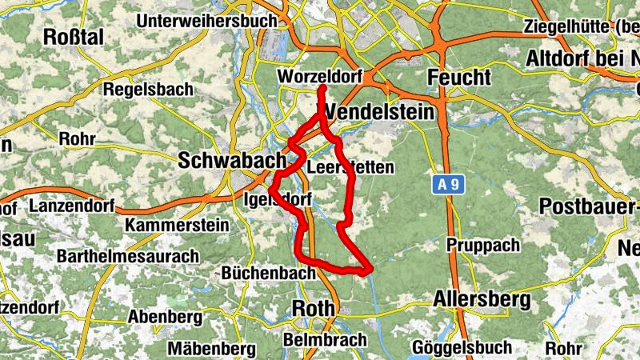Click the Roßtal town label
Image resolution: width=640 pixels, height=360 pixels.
pyautogui.click(x=73, y=37)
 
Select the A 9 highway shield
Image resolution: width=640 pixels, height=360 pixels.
pyautogui.click(x=449, y=185)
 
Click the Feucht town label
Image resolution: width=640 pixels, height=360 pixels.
pyautogui.click(x=459, y=78)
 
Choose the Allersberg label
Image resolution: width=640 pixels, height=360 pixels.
pyautogui.click(x=482, y=300)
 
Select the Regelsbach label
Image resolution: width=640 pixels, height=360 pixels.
pyautogui.click(x=148, y=90)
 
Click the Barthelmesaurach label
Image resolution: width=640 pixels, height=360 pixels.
pyautogui.click(x=128, y=257)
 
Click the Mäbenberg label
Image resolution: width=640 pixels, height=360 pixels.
pyautogui.click(x=212, y=349)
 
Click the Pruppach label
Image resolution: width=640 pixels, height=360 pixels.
pyautogui.click(x=483, y=245)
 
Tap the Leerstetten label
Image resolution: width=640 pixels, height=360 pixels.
pyautogui.click(x=350, y=168)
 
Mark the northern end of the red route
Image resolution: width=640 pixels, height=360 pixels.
pyautogui.click(x=321, y=86)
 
